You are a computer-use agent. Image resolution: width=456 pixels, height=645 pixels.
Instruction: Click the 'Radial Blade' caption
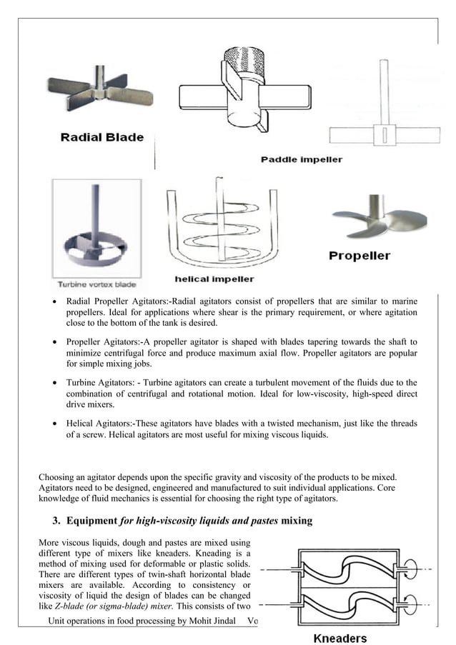(101, 137)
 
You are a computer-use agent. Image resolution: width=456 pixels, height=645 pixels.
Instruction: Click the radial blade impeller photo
(101, 98)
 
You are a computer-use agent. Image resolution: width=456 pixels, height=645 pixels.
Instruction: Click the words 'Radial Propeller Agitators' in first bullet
(115, 301)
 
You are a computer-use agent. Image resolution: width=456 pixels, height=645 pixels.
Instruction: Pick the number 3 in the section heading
(57, 521)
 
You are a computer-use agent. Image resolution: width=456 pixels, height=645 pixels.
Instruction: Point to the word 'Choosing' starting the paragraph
(56, 476)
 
